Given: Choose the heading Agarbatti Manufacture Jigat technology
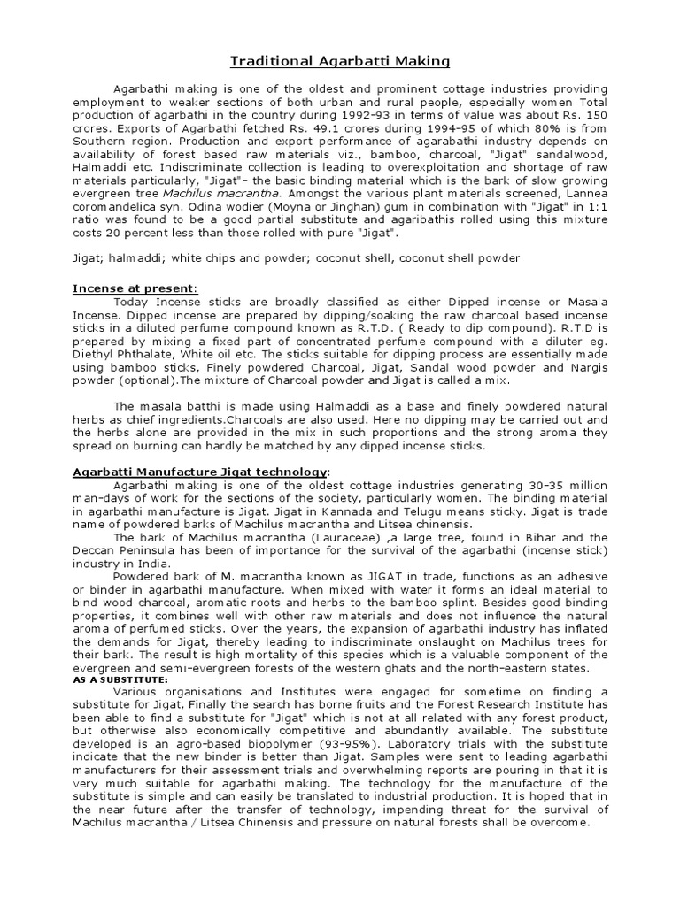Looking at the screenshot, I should coord(200,472).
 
